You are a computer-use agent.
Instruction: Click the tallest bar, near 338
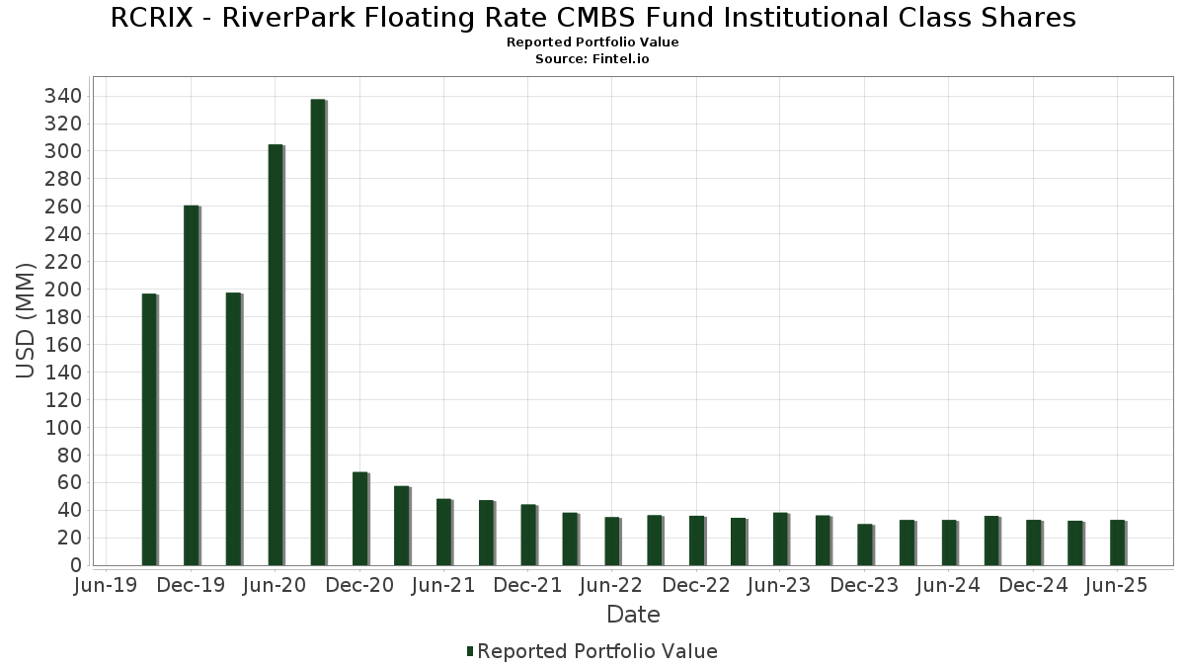click(x=318, y=332)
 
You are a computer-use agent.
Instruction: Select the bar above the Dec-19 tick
click(x=192, y=385)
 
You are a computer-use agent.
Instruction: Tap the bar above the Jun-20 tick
click(x=276, y=355)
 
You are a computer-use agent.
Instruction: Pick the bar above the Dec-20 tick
click(x=359, y=519)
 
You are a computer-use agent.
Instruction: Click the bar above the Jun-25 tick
click(x=1117, y=542)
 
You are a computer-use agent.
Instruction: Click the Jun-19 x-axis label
click(x=107, y=586)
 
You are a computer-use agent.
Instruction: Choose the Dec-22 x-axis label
click(x=696, y=586)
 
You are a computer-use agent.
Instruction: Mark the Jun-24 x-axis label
click(x=948, y=586)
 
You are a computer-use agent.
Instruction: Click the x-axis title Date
click(x=633, y=615)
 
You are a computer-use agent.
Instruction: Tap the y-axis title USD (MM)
click(x=27, y=321)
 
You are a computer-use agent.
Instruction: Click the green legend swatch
click(x=470, y=651)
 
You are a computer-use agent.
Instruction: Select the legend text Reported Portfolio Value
click(x=597, y=651)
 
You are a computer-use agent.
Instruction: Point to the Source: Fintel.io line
click(x=592, y=59)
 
